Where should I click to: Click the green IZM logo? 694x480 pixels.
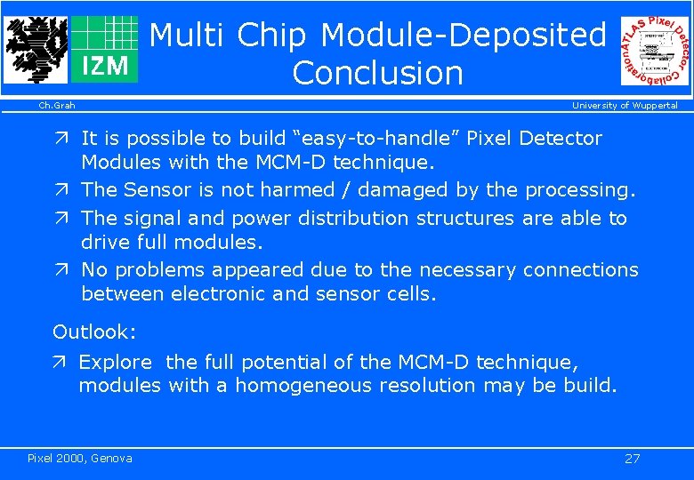pyautogui.click(x=104, y=49)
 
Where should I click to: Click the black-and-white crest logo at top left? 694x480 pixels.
pyautogui.click(x=36, y=49)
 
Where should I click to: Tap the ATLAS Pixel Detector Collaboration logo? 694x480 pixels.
pyautogui.click(x=655, y=51)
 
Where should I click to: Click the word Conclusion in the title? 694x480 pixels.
pyautogui.click(x=377, y=73)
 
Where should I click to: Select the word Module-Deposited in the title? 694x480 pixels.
pyautogui.click(x=463, y=35)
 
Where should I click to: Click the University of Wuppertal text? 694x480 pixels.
pyautogui.click(x=624, y=106)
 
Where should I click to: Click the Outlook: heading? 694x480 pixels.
pyautogui.click(x=94, y=332)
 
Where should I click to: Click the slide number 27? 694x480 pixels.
pyautogui.click(x=632, y=459)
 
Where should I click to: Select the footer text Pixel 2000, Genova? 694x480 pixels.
pyautogui.click(x=80, y=459)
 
